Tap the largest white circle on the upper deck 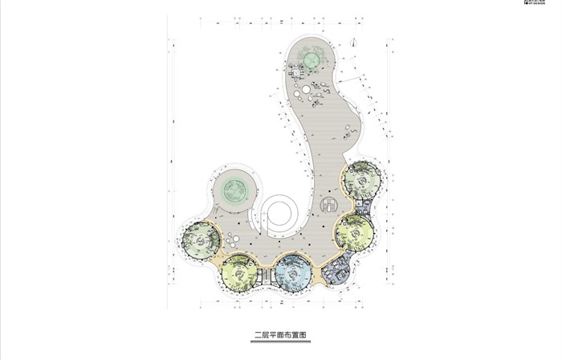299,93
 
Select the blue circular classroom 293,273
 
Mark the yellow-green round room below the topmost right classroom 354,233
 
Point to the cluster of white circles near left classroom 232,239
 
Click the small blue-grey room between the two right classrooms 364,207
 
